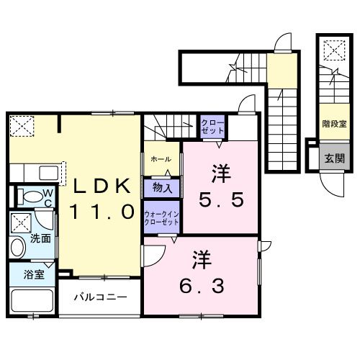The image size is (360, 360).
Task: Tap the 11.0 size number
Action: pyautogui.click(x=102, y=212)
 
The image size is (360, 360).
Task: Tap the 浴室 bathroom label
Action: pyautogui.click(x=33, y=274)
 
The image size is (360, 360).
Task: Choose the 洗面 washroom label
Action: pyautogui.click(x=40, y=238)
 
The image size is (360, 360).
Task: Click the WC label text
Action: pyautogui.click(x=45, y=197)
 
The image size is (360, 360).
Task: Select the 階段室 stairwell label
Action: pyautogui.click(x=333, y=123)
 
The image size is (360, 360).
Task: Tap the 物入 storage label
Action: pyautogui.click(x=162, y=188)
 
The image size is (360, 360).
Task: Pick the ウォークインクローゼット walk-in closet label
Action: pyautogui.click(x=162, y=218)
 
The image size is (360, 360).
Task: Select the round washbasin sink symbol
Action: pyautogui.click(x=18, y=248)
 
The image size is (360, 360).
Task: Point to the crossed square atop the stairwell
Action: pyautogui.click(x=333, y=50)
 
